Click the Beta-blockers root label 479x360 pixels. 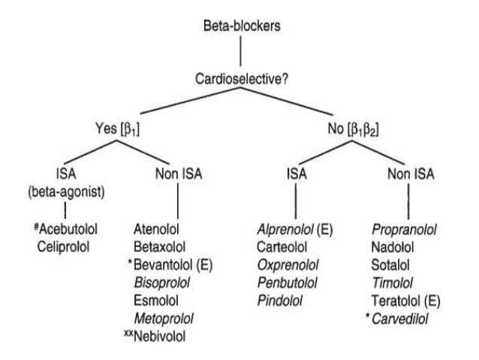pyautogui.click(x=239, y=27)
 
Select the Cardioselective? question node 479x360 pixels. pyautogui.click(x=239, y=80)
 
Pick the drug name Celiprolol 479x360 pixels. pyautogui.click(x=70, y=245)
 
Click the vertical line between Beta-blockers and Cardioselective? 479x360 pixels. pyautogui.click(x=239, y=53)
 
